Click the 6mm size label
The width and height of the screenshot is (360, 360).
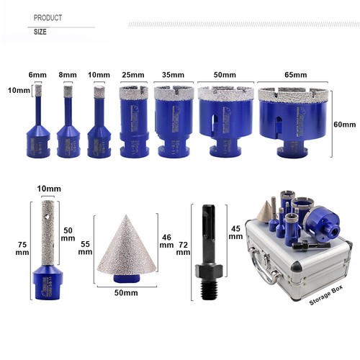[37, 75]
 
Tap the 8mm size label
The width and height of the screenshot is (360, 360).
[68, 75]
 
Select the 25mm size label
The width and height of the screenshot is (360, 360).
[133, 75]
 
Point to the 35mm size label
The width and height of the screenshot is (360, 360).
[173, 75]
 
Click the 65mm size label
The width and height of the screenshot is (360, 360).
[296, 75]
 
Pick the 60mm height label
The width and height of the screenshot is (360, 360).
[345, 125]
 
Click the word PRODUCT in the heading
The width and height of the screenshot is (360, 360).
[48, 18]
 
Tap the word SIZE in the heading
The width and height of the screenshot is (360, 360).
[40, 32]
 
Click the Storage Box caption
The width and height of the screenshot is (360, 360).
[326, 295]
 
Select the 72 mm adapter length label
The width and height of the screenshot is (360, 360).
[183, 248]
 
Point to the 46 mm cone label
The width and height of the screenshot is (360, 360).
[166, 241]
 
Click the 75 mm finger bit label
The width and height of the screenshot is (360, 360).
[22, 248]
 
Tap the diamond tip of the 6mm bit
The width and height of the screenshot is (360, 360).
[38, 90]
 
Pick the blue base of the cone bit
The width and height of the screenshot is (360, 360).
[127, 279]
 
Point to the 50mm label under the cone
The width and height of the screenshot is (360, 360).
[126, 293]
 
